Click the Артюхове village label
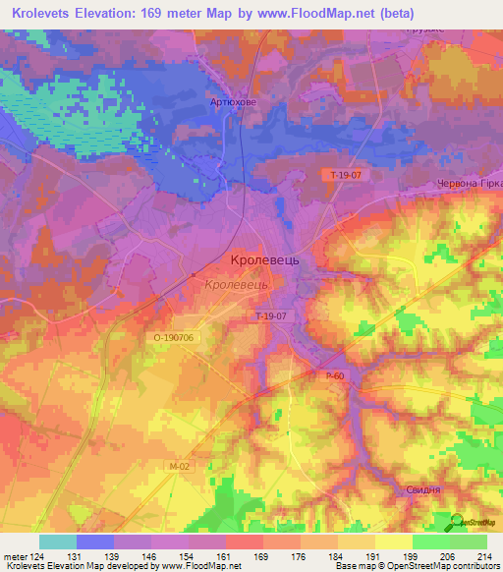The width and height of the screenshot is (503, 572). (x=233, y=102)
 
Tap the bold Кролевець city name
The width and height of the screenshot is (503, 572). (x=270, y=260)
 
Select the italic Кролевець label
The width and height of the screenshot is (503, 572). (x=237, y=284)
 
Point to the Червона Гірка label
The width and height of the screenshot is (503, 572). (x=469, y=185)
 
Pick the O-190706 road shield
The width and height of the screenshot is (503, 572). (x=175, y=336)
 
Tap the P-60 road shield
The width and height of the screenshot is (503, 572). (x=336, y=375)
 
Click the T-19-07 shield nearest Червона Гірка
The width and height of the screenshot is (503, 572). (x=346, y=175)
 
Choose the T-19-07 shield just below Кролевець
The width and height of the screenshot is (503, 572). (x=270, y=315)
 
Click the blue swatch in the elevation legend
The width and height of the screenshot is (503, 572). (x=95, y=542)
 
